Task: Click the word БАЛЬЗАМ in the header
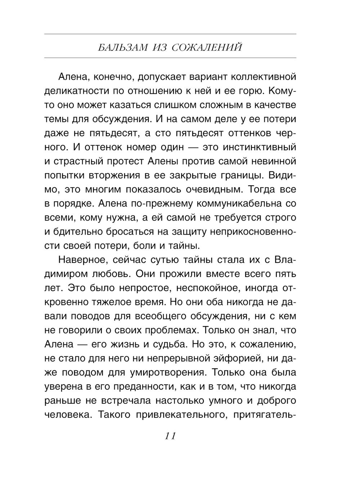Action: point(123,48)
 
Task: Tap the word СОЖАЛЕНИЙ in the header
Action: point(207,48)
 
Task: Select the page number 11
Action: point(170,436)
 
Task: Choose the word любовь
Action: point(113,274)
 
